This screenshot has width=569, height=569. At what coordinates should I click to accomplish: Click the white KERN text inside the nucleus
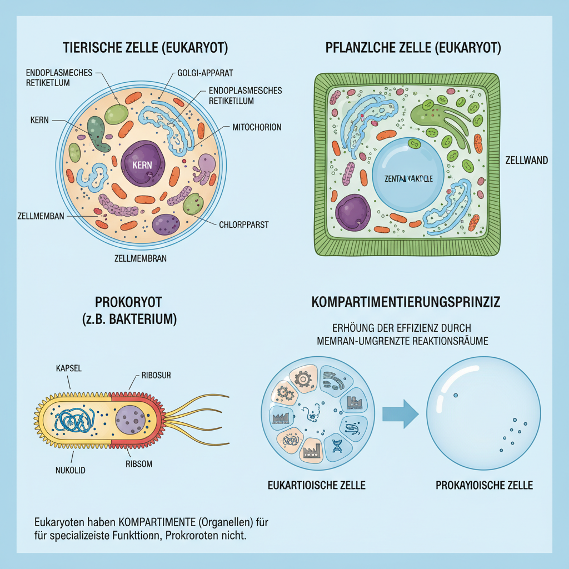pos(143,165)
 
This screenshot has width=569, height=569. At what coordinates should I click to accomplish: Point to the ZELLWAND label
pos(527,161)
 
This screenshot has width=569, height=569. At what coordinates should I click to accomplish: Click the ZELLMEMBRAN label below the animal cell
pos(140,258)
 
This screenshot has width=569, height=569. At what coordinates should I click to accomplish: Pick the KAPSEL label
pos(68,368)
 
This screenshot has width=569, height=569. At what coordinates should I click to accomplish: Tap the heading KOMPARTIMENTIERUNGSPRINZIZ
pos(406,303)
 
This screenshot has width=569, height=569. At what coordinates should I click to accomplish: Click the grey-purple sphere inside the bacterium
pos(132,422)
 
